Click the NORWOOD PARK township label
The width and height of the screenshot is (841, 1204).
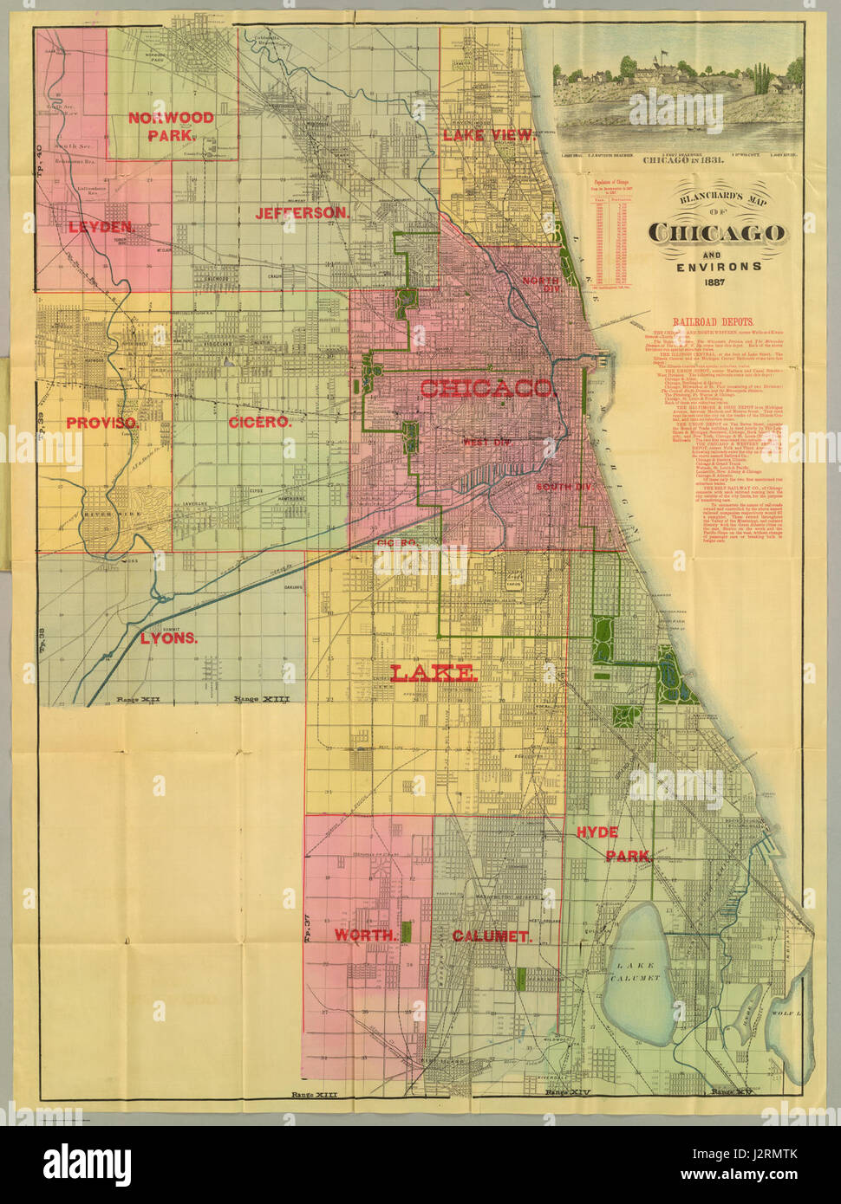tap(171, 126)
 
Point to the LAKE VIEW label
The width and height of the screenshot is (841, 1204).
tap(489, 134)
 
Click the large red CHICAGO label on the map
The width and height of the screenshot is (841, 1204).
tap(486, 388)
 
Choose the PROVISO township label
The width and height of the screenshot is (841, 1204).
tap(102, 423)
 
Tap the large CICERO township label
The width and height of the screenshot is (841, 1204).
tap(258, 422)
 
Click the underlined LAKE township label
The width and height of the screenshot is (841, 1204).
tap(432, 672)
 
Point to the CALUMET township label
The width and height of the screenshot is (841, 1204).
tap(491, 936)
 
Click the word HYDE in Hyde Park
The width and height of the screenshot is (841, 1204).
tap(597, 832)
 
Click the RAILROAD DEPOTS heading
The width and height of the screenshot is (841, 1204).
tap(707, 321)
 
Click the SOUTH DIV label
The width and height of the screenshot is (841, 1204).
tap(564, 487)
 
